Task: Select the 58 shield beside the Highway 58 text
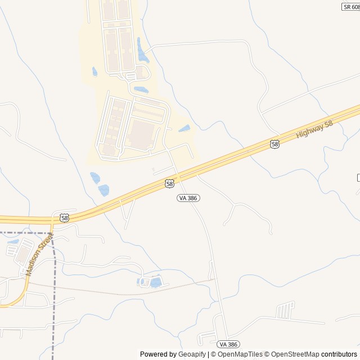point(274,145)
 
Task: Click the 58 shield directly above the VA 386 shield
point(170,183)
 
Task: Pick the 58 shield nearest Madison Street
point(64,218)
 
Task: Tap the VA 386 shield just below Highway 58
point(188,198)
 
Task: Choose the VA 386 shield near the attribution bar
point(228,344)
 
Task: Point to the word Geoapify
point(192,354)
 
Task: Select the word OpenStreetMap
point(295,354)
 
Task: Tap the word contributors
point(339,354)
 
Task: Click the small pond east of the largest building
point(184,129)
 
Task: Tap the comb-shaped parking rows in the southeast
point(285,309)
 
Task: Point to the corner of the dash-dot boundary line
point(53,232)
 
